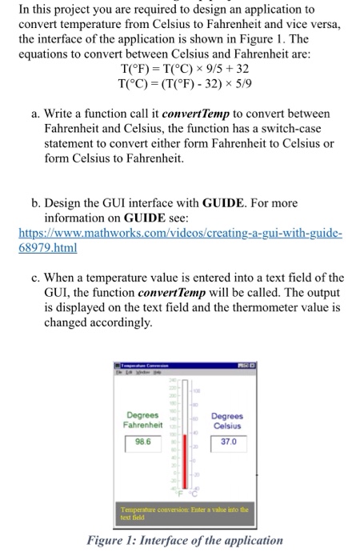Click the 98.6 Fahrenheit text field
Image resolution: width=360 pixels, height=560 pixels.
pos(143,442)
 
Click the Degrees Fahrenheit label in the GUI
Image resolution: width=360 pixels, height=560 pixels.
pos(143,419)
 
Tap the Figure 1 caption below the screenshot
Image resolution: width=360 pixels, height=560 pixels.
pos(186,540)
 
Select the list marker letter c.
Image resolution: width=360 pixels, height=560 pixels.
pos(37,278)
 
